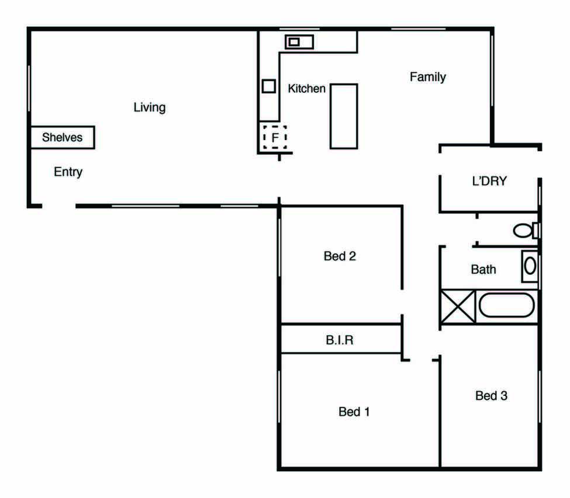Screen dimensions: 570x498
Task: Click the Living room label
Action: (150, 107)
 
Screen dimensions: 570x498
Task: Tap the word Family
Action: (428, 77)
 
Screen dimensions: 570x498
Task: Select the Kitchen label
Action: (306, 89)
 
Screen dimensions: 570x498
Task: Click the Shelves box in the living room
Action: (63, 137)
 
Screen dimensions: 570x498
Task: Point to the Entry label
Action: (68, 172)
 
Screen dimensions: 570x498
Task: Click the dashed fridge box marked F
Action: (275, 137)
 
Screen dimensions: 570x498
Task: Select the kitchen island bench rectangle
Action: (344, 116)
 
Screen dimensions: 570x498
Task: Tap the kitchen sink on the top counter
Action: (299, 42)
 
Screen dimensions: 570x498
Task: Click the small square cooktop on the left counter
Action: (269, 86)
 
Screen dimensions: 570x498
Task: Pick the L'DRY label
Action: (489, 181)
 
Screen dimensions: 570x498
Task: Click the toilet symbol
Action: (526, 230)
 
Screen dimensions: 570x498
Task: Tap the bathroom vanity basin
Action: (530, 266)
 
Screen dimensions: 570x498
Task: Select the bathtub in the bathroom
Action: (507, 305)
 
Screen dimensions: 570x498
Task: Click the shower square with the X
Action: (458, 307)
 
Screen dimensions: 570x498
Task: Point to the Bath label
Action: (483, 270)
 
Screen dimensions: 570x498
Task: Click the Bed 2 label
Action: (340, 256)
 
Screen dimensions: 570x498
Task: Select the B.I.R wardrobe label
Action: (340, 340)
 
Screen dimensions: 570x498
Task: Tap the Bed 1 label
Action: (354, 412)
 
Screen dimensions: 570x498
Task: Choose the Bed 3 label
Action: (492, 396)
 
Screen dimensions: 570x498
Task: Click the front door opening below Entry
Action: (59, 206)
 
